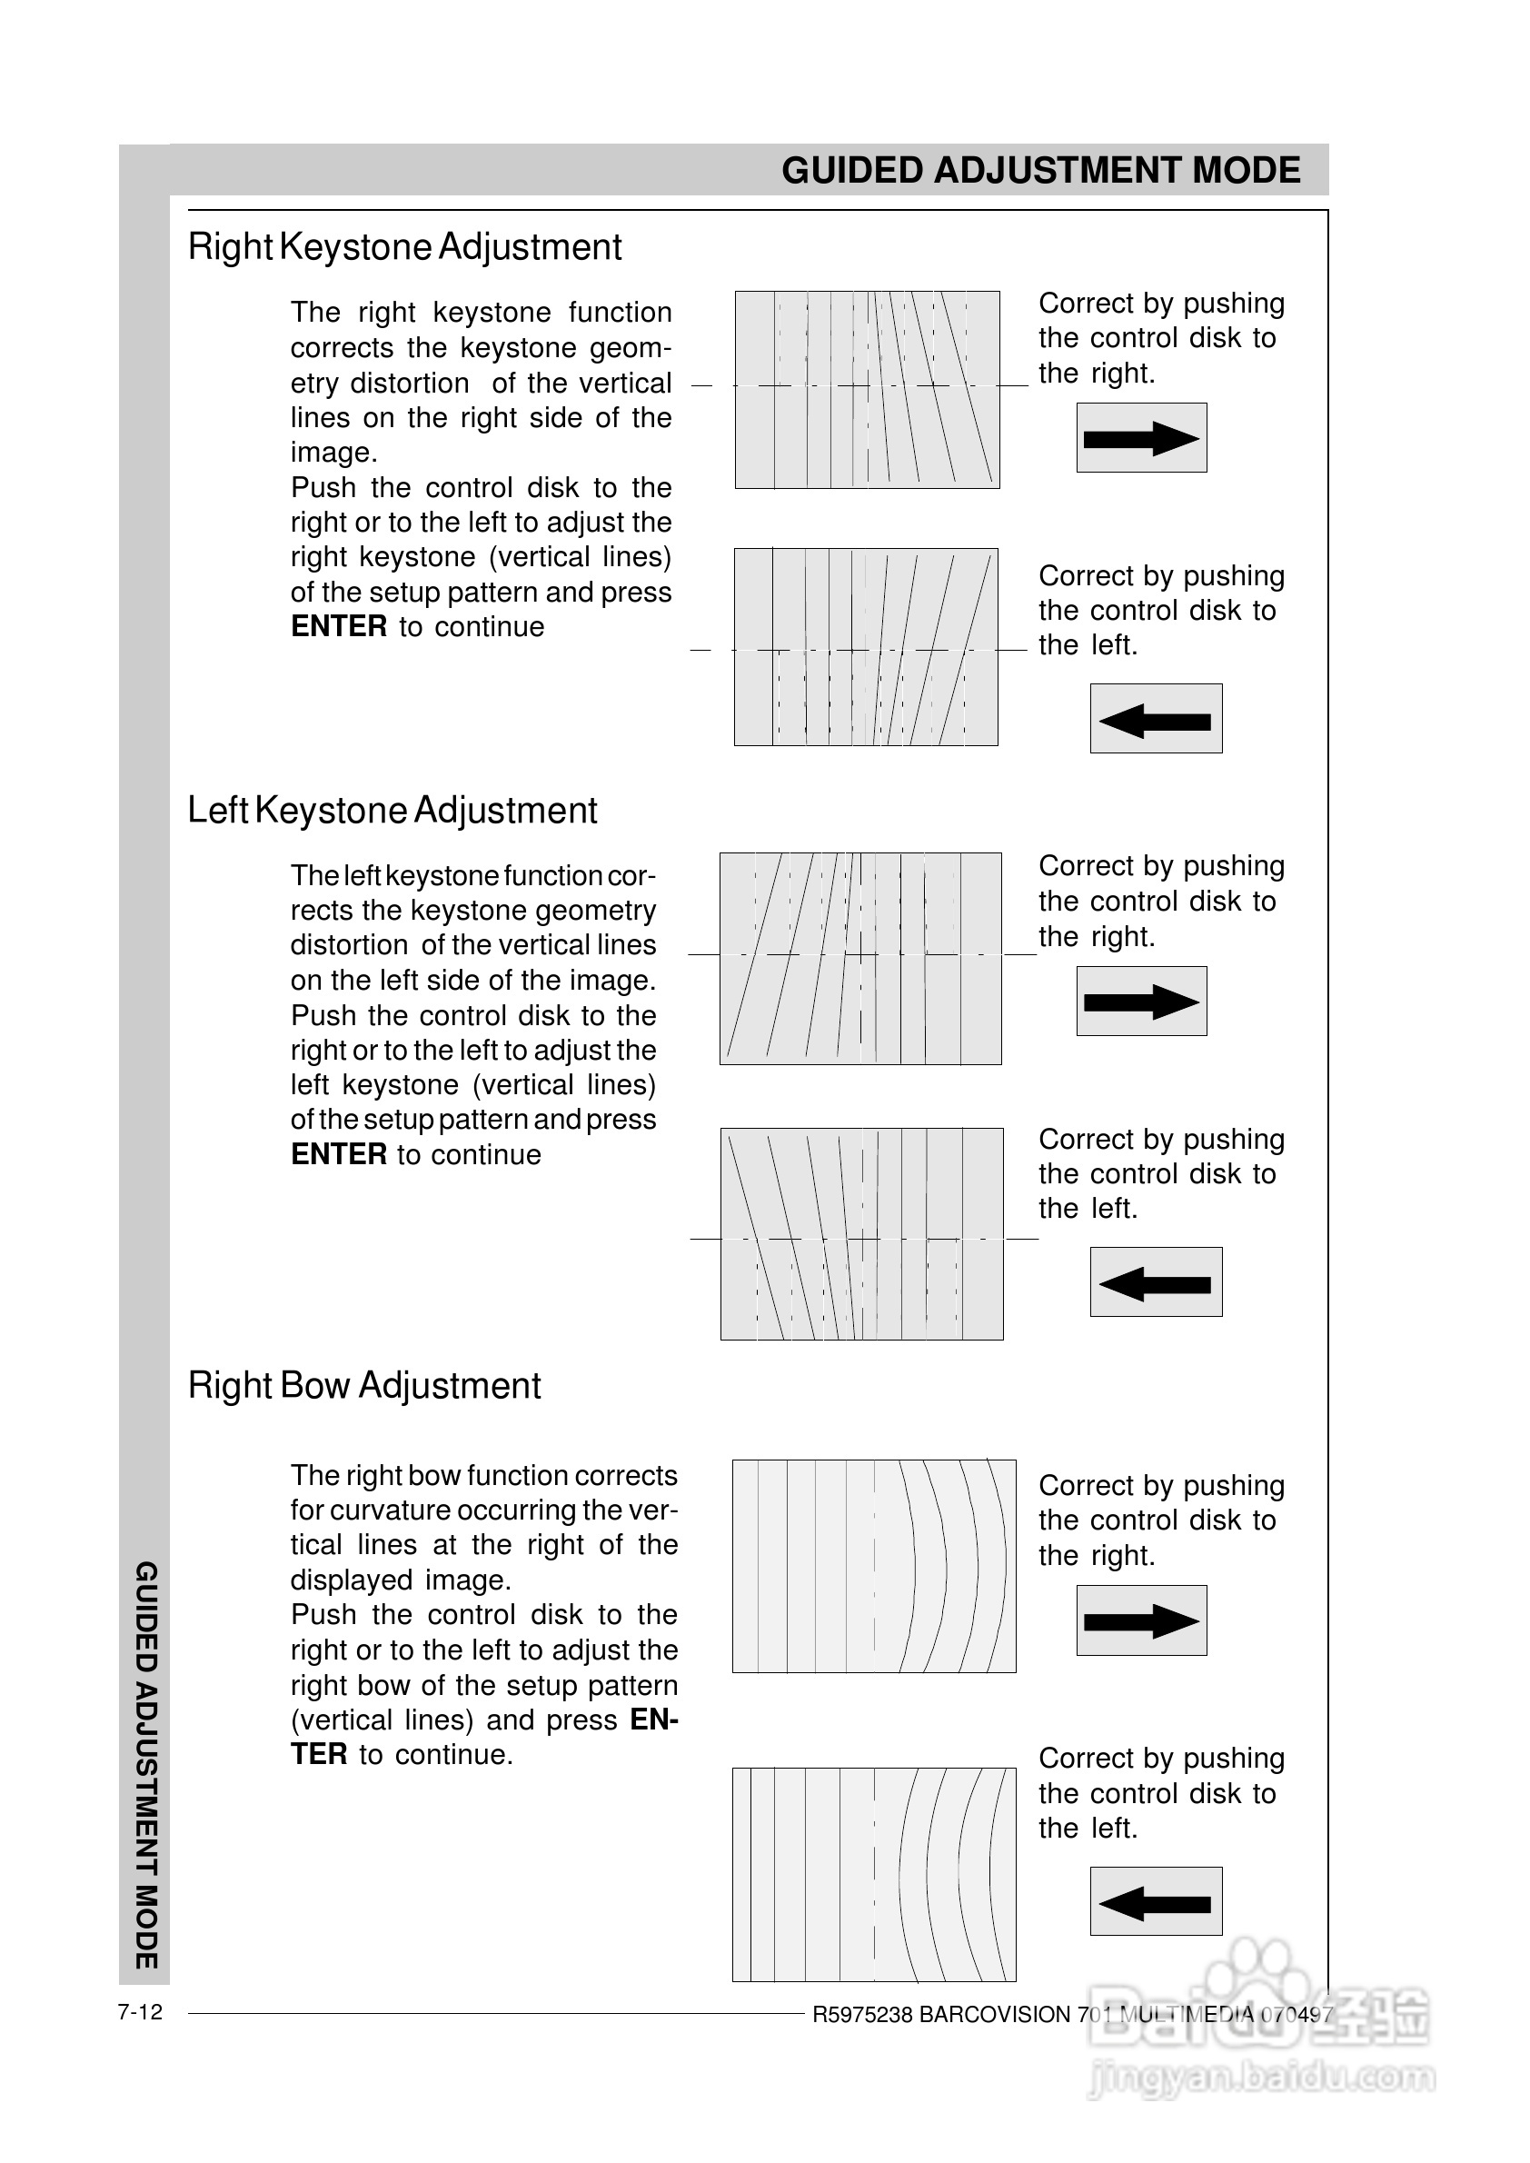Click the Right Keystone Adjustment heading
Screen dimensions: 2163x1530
click(x=404, y=247)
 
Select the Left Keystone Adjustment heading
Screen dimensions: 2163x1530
click(x=392, y=811)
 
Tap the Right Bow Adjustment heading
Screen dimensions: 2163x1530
click(x=363, y=1385)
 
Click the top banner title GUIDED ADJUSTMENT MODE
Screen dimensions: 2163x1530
click(x=1040, y=171)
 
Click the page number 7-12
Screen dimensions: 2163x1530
click(x=139, y=2012)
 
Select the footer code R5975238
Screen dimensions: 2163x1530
click(x=862, y=2015)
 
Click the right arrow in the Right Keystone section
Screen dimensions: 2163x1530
click(x=1141, y=438)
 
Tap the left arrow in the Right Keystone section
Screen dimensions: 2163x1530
click(x=1155, y=719)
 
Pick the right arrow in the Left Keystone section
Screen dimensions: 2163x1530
click(x=1141, y=1001)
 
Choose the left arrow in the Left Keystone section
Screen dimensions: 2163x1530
click(x=1155, y=1282)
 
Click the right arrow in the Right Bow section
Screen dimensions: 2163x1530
click(x=1141, y=1621)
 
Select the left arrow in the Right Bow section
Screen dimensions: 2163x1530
click(x=1155, y=1902)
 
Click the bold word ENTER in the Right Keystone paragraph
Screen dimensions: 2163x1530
click(x=339, y=627)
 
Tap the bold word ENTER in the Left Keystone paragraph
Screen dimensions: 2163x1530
click(x=339, y=1154)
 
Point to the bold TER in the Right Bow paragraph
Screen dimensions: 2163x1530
click(x=318, y=1755)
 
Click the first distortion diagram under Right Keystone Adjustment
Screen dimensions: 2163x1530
click(x=867, y=389)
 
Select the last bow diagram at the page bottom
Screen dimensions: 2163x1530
click(x=873, y=1875)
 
